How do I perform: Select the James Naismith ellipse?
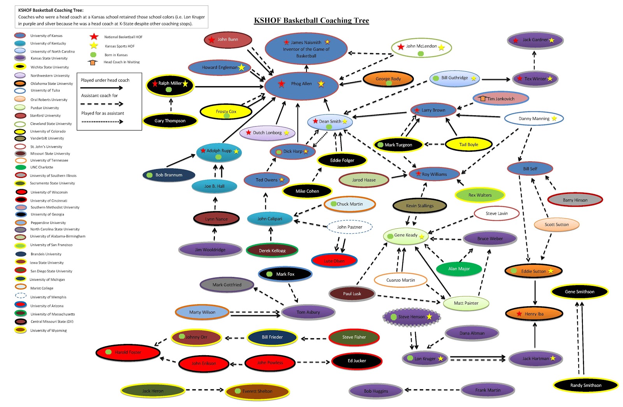(306, 49)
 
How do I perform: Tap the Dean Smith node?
(330, 122)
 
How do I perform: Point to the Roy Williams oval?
(434, 174)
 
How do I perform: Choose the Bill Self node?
(530, 169)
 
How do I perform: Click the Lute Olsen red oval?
(334, 261)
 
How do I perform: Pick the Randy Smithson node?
(586, 385)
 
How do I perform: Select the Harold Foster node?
(128, 352)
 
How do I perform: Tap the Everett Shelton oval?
(257, 391)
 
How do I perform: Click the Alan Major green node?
(459, 269)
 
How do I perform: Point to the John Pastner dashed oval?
(349, 227)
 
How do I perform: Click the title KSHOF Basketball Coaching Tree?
(311, 21)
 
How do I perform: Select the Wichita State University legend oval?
(20, 67)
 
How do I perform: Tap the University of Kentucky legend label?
(48, 44)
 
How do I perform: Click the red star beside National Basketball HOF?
(94, 37)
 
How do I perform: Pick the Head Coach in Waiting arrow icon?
(93, 62)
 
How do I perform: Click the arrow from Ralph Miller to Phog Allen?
(229, 87)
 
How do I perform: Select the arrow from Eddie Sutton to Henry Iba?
(535, 292)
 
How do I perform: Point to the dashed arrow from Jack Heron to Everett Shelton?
(205, 390)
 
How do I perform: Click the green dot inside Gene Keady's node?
(390, 235)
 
